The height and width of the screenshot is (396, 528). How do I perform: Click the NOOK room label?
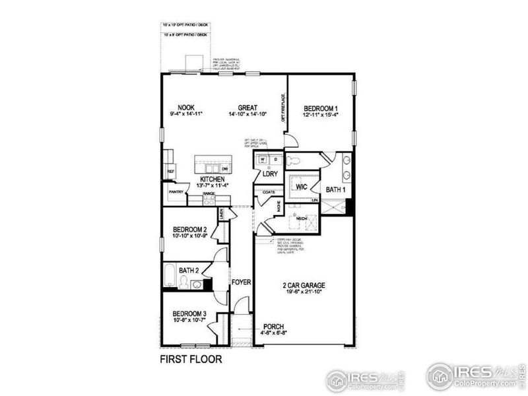pyautogui.click(x=185, y=108)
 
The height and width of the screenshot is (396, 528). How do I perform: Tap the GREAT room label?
pyautogui.click(x=247, y=108)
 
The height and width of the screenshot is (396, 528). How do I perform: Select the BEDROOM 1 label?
pyautogui.click(x=321, y=108)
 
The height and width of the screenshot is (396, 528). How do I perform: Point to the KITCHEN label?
pyautogui.click(x=213, y=180)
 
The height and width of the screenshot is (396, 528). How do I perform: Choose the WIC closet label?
pyautogui.click(x=302, y=186)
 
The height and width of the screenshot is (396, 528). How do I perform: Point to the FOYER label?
pyautogui.click(x=242, y=282)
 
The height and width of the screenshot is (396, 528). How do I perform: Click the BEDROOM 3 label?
pyautogui.click(x=190, y=313)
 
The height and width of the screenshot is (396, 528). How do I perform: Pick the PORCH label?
pyautogui.click(x=274, y=326)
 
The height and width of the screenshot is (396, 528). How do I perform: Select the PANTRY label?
pyautogui.click(x=176, y=192)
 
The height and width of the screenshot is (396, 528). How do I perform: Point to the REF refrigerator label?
pyautogui.click(x=170, y=172)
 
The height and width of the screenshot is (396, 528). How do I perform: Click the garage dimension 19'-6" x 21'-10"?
pyautogui.click(x=304, y=294)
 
